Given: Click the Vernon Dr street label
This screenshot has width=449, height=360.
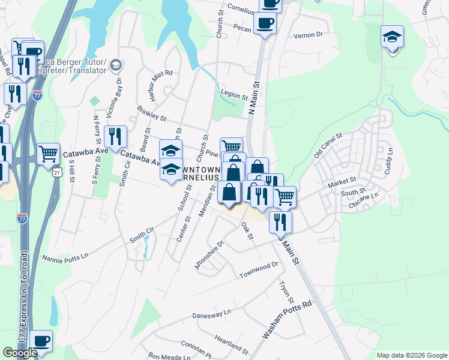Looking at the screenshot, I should click(x=309, y=35).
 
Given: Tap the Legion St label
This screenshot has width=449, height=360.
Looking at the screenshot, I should click(x=234, y=96).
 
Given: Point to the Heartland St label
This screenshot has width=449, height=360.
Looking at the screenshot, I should click(x=231, y=346).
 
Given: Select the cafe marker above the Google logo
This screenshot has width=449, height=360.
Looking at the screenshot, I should click(x=41, y=341).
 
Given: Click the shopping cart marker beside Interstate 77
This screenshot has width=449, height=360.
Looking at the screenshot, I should click(x=48, y=153).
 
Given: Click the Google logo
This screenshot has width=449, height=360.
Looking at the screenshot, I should click(x=20, y=353).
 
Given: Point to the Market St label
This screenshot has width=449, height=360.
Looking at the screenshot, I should click(x=342, y=181).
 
